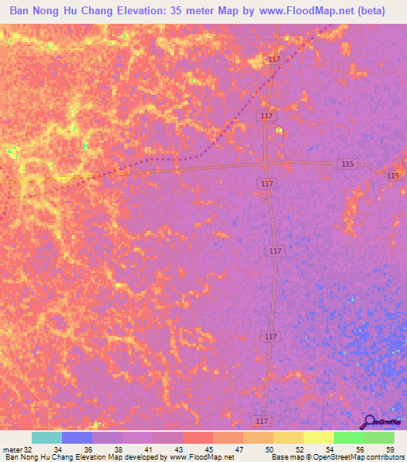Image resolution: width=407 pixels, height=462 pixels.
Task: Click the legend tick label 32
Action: (x=29, y=449)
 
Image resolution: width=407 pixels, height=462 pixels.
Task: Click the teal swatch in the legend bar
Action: (x=46, y=437)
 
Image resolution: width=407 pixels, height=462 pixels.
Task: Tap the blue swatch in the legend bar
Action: (x=76, y=437)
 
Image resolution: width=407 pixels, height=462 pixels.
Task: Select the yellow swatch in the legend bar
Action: (x=288, y=437)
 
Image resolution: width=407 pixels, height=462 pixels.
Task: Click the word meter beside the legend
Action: (x=11, y=449)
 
